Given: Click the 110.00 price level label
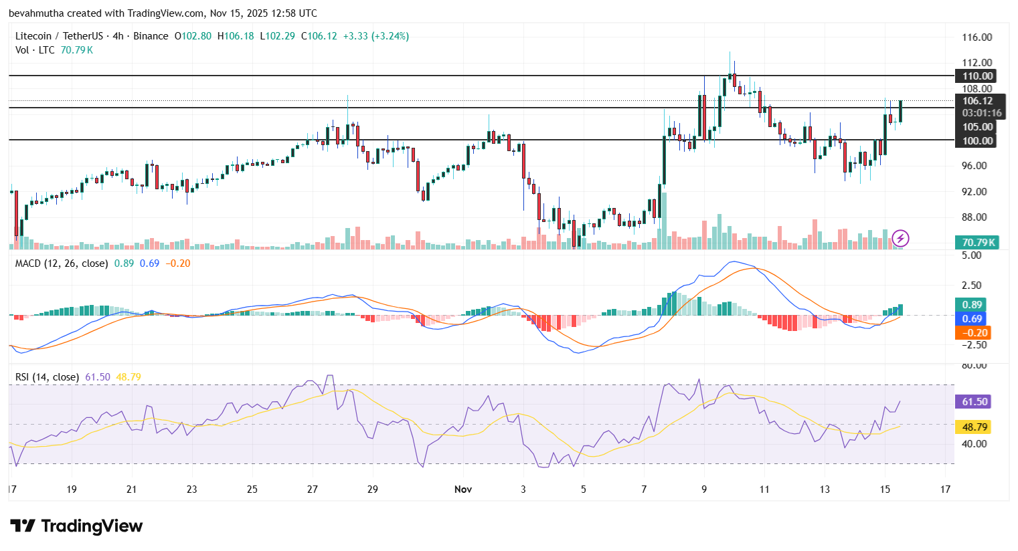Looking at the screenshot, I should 977,76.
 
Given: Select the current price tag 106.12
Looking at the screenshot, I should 977,101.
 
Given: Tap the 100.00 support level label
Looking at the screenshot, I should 977,140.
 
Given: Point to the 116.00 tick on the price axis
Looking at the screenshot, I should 977,37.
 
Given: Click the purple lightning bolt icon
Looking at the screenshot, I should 900,238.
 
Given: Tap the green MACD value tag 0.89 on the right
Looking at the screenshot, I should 972,305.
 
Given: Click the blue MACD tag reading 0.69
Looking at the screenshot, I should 972,319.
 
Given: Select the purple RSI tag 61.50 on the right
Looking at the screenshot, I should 974,402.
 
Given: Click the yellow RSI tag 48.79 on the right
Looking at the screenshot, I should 974,427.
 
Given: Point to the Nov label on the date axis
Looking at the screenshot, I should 462,489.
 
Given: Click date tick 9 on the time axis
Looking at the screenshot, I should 704,489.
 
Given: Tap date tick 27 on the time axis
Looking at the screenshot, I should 313,489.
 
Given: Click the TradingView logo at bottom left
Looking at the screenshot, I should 76,526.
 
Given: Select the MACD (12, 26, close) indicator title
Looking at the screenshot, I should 62,263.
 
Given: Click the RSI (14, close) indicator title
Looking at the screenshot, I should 48,377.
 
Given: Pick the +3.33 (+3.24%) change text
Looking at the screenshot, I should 375,36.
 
